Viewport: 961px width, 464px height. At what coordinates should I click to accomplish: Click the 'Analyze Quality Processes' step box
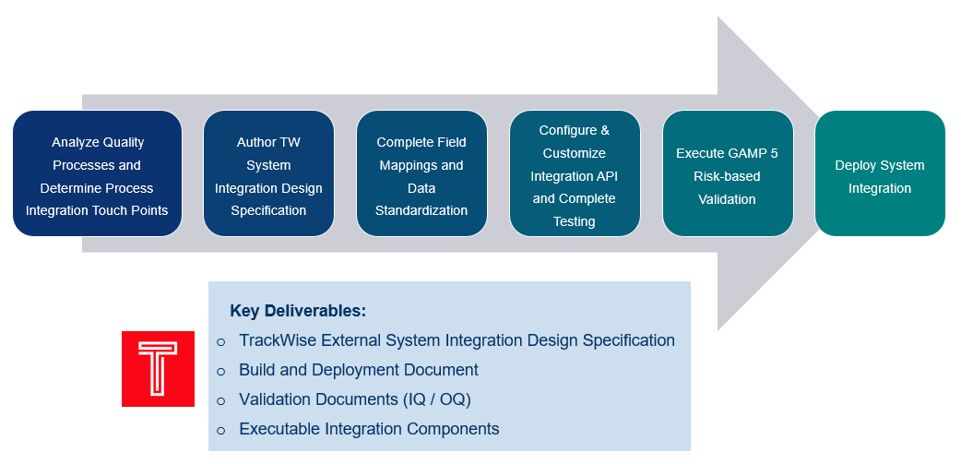pos(97,173)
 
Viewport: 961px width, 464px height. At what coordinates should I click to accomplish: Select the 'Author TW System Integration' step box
pos(268,173)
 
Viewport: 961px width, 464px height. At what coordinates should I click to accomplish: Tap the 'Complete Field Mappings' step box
pos(421,173)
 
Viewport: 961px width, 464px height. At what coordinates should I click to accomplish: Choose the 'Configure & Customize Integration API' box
pos(575,173)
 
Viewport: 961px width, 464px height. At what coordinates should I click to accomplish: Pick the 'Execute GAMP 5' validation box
pos(728,173)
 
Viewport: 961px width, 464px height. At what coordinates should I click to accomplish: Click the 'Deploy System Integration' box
pos(880,173)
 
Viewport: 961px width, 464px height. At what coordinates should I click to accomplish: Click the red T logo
pos(158,368)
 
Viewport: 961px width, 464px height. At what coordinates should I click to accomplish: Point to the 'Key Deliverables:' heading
pos(298,311)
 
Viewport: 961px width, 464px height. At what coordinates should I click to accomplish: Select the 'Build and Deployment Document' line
pos(359,370)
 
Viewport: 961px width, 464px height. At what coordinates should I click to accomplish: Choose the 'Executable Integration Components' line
pos(369,429)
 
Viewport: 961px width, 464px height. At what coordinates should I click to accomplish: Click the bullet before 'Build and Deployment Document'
pos(220,371)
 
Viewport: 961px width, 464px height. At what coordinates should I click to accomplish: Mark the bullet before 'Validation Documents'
pos(220,400)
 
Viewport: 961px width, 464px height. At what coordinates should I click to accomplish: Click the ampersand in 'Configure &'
pos(604,130)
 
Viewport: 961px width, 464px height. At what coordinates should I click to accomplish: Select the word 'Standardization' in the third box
pos(421,210)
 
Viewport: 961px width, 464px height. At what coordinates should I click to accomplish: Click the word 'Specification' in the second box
pos(268,210)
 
